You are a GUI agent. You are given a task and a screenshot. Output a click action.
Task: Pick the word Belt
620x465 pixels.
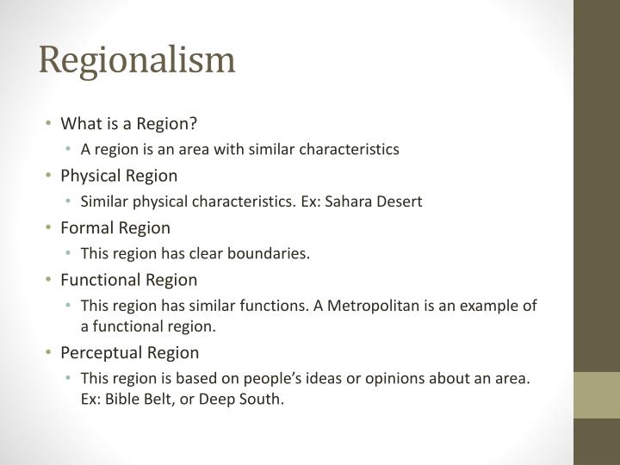pyautogui.click(x=155, y=400)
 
